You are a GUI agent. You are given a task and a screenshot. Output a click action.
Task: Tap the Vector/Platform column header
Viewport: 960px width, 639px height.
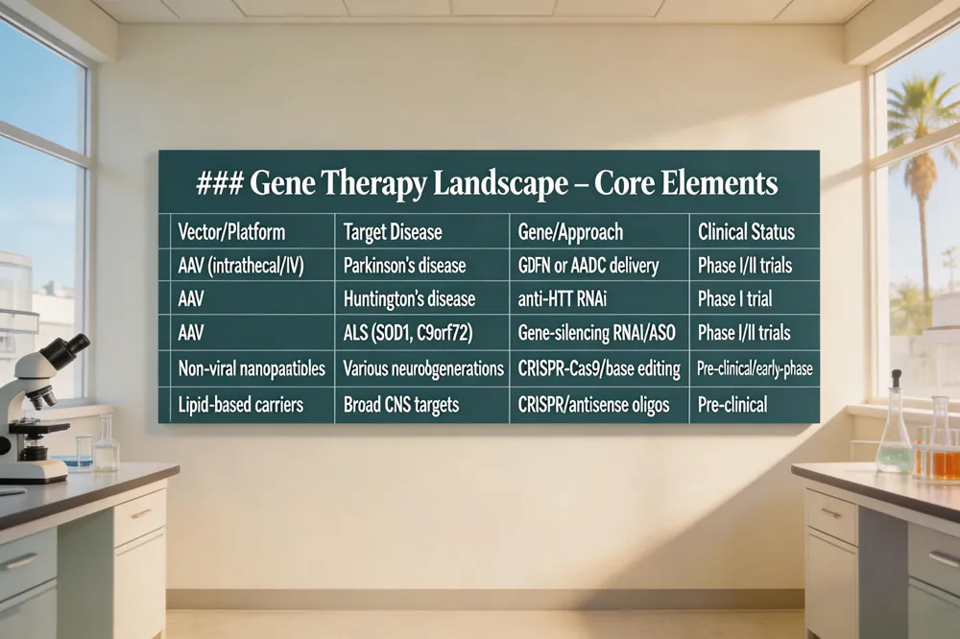click(x=231, y=232)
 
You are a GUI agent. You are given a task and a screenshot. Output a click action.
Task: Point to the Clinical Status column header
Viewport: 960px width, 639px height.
click(x=746, y=232)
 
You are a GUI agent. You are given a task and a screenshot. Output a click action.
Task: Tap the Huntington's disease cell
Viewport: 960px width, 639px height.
click(x=409, y=299)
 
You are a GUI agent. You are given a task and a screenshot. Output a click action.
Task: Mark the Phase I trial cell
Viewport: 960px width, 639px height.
click(x=735, y=299)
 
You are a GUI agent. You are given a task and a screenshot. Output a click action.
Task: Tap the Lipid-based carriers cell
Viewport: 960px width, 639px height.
click(x=241, y=405)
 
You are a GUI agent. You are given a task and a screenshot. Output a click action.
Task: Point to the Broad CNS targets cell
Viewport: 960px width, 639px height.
click(x=402, y=405)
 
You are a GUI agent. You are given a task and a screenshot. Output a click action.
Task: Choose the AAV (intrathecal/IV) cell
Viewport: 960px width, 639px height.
click(x=241, y=266)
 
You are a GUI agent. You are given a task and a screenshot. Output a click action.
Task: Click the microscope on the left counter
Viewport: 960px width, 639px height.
click(x=38, y=403)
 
